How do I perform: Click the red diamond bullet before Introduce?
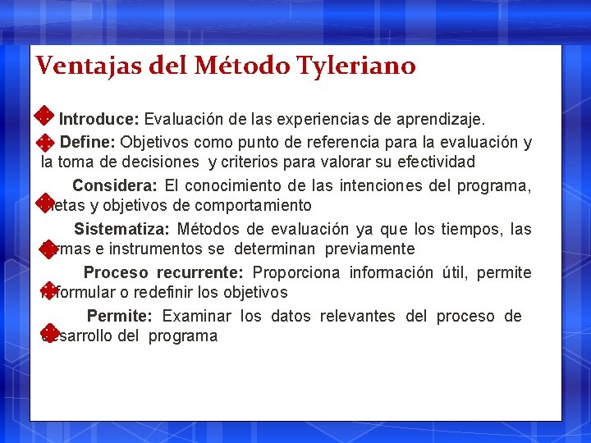point(46,114)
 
